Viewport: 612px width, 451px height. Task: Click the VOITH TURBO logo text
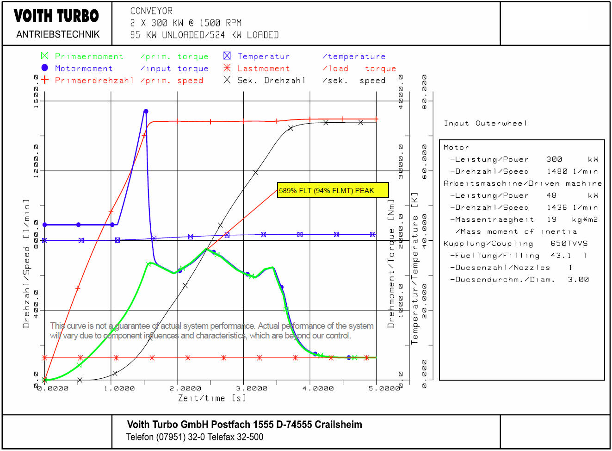coord(56,16)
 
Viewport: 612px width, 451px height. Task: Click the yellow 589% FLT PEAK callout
coord(333,190)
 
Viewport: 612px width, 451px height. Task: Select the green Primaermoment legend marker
coord(45,56)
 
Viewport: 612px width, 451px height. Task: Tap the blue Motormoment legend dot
coord(45,68)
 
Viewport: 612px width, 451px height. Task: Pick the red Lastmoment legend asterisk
coord(227,68)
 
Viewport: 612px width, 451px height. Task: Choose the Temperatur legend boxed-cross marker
coord(227,56)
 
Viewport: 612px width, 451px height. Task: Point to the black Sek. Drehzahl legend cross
coord(227,80)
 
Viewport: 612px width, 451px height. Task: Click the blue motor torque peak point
coord(146,111)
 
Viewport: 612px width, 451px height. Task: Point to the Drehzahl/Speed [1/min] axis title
coord(26,264)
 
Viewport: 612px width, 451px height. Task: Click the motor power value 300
coord(554,159)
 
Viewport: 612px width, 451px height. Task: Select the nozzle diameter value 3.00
coord(578,280)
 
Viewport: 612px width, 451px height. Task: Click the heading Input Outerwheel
coord(485,123)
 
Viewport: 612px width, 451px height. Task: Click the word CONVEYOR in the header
coord(151,11)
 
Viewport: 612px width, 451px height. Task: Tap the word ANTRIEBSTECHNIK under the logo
coord(58,34)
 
